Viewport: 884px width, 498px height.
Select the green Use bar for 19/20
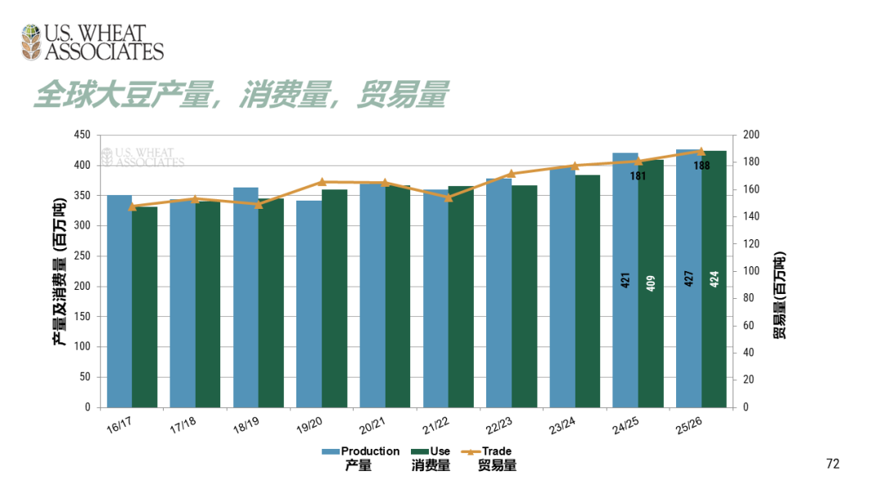[334, 298]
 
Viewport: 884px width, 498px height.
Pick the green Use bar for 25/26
[714, 278]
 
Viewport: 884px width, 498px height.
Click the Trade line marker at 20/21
[385, 183]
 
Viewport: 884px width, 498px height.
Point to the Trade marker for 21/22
[448, 197]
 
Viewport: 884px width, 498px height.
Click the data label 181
[638, 176]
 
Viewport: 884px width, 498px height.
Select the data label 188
[701, 165]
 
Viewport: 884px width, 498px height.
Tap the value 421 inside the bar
[625, 280]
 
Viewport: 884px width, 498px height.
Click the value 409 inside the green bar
[651, 283]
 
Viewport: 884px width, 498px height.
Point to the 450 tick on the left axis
[81, 135]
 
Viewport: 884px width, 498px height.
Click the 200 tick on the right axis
[751, 135]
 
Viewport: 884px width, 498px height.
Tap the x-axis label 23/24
[561, 424]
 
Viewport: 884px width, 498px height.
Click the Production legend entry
[360, 451]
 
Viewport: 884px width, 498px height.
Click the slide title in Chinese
[241, 95]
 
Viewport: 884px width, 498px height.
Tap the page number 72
[833, 464]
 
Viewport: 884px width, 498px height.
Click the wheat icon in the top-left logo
[32, 43]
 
